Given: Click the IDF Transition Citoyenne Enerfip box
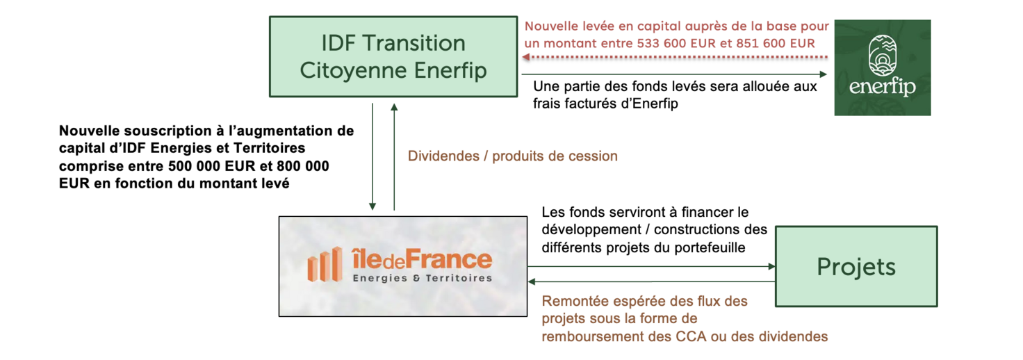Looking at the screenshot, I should click(393, 56).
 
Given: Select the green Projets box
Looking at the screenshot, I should click(856, 266).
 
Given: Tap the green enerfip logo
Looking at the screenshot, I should click(882, 67).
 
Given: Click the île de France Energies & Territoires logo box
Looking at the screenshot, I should click(402, 266).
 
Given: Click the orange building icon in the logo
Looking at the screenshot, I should click(325, 265).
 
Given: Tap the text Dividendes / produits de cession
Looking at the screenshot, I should click(512, 156).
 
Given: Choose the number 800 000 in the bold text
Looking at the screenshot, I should click(301, 166).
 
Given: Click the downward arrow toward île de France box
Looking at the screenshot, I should click(373, 156).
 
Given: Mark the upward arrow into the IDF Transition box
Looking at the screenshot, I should click(394, 156).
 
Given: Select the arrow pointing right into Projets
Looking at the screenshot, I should click(650, 266).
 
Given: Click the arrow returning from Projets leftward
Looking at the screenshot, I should click(650, 281).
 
